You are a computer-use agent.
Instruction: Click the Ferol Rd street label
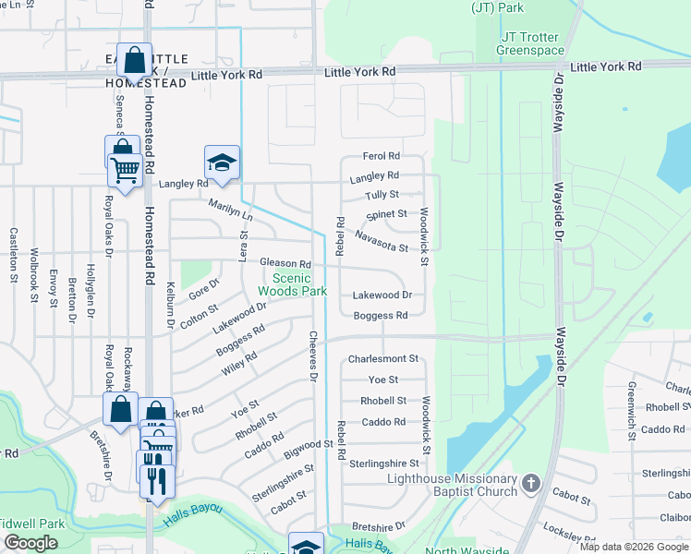[381, 156]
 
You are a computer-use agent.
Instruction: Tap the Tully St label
[382, 195]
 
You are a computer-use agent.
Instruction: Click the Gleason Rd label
[285, 264]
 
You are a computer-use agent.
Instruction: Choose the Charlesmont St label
[383, 358]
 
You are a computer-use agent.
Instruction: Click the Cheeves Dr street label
[312, 357]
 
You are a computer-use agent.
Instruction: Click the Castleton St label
[14, 255]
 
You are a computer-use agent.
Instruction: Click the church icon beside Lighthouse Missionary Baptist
[530, 483]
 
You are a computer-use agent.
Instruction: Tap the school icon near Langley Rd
[222, 163]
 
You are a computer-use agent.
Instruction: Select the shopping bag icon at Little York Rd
[135, 62]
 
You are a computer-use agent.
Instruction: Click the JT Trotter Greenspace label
[530, 43]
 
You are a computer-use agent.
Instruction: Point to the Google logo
[30, 543]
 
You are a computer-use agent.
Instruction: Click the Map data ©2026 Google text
[634, 547]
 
